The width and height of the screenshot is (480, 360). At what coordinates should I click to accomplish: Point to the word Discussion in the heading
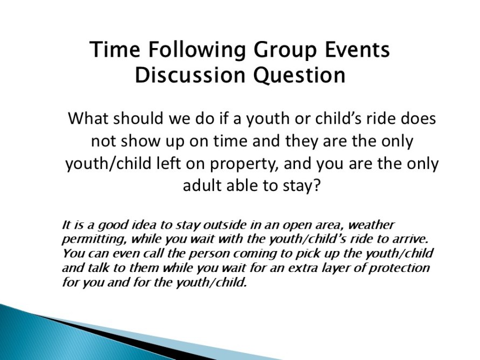190,75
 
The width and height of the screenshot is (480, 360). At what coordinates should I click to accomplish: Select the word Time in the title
115,49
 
